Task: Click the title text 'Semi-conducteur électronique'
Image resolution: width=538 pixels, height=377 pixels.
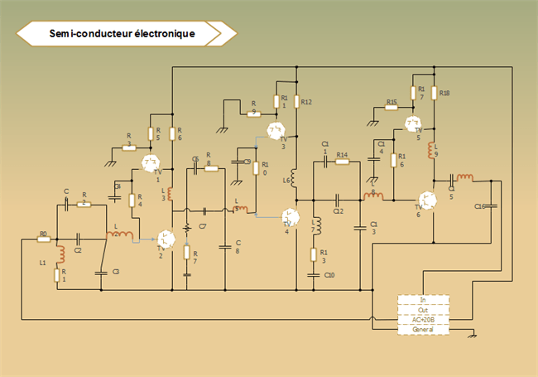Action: pyautogui.click(x=122, y=34)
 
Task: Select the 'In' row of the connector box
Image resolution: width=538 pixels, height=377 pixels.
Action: pyautogui.click(x=423, y=299)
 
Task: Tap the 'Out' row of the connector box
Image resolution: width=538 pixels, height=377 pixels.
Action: pyautogui.click(x=423, y=309)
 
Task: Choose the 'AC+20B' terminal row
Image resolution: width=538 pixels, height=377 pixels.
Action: pyautogui.click(x=423, y=319)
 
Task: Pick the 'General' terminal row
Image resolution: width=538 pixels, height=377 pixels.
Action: pyautogui.click(x=423, y=329)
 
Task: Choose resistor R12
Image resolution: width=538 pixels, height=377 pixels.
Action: pyautogui.click(x=295, y=102)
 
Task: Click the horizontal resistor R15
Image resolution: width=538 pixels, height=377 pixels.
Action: pyautogui.click(x=392, y=108)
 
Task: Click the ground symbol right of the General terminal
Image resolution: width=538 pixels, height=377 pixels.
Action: pyautogui.click(x=473, y=335)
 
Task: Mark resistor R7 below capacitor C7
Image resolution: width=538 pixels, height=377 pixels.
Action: pyautogui.click(x=186, y=253)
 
